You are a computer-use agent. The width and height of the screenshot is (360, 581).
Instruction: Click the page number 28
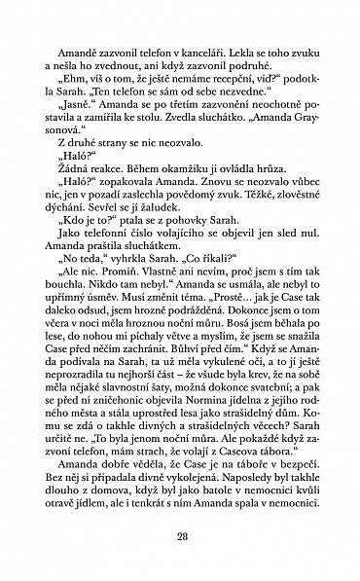[180, 534]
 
